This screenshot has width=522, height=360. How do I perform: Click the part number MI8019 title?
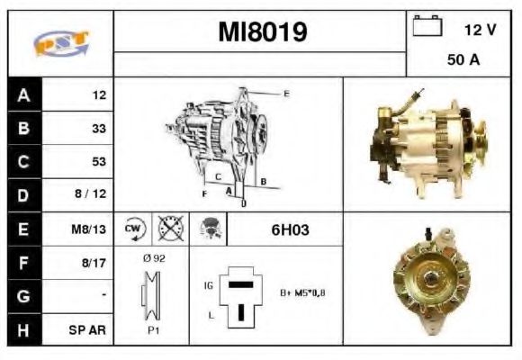(x=262, y=32)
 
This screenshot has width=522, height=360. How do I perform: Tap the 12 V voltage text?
(x=480, y=30)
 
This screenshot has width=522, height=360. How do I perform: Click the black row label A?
(x=22, y=94)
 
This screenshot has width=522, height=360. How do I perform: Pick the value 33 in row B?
(x=99, y=129)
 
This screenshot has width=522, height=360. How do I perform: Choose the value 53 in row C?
(x=99, y=162)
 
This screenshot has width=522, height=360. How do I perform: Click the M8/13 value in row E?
(x=91, y=229)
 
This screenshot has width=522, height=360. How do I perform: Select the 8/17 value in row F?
(x=94, y=262)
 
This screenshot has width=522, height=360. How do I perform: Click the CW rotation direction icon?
(x=134, y=229)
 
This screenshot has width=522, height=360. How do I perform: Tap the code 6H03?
(x=290, y=229)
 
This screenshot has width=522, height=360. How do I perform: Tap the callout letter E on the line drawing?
(x=286, y=94)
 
